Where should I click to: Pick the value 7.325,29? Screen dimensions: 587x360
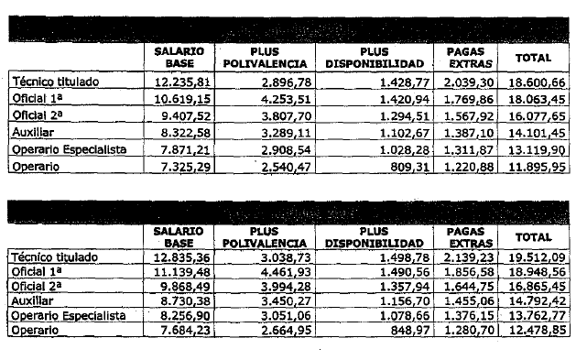tap(184, 167)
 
